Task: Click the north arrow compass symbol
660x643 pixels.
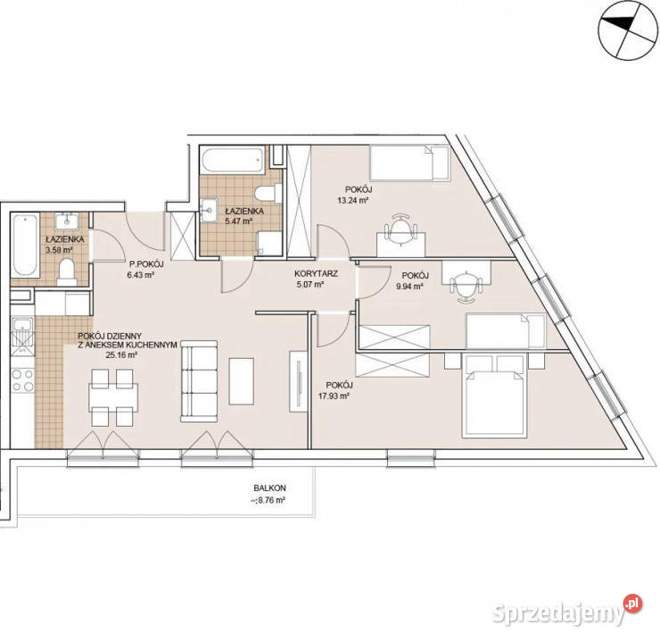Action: point(627,29)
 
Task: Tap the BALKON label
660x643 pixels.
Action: point(269,488)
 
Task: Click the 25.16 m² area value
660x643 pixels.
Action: point(121,355)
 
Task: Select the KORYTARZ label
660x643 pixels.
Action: point(316,274)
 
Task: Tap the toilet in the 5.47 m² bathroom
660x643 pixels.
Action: point(268,194)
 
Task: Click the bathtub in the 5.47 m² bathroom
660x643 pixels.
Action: point(233,159)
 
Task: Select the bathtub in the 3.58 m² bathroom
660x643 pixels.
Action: point(24,246)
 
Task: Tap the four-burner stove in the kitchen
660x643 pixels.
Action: point(22,380)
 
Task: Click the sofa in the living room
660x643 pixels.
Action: point(199,381)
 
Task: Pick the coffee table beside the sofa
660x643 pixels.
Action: point(241,381)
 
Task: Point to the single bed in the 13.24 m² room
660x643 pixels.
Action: point(410,163)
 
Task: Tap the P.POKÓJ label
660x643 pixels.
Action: point(146,264)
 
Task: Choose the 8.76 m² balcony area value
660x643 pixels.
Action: point(268,501)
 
